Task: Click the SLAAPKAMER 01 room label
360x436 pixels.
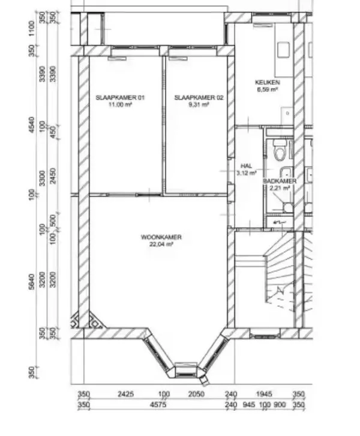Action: coord(120,98)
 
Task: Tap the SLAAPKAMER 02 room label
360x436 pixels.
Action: coord(199,98)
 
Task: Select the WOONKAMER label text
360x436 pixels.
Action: coord(161,237)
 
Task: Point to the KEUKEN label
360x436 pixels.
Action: coord(267,82)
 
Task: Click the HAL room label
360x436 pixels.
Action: coord(247,166)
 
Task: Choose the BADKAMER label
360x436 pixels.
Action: coord(280,181)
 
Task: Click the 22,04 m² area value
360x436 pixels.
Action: coord(161,244)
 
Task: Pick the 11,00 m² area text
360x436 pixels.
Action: coord(120,105)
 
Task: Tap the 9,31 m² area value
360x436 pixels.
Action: coord(199,105)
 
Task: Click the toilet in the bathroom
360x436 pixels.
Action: coord(280,150)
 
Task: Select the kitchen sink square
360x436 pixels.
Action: coord(283,50)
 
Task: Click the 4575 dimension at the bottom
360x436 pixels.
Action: coord(158,405)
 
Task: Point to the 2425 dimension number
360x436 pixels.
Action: coord(125,394)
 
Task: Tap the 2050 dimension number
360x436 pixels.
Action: coord(196,394)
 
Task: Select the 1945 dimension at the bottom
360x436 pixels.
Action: coord(264,394)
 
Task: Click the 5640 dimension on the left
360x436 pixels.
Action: coord(32,282)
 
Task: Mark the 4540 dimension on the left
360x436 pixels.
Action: coord(32,125)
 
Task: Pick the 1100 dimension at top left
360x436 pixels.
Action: coord(32,28)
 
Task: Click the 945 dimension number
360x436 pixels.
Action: coord(248,405)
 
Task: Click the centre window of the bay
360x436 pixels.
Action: coord(186,371)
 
